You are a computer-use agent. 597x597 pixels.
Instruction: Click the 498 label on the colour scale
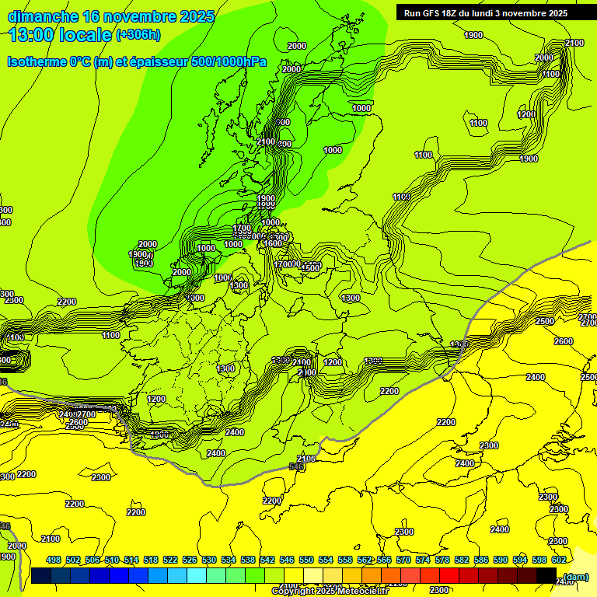[x=54, y=560]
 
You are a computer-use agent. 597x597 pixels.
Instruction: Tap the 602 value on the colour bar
[x=558, y=560]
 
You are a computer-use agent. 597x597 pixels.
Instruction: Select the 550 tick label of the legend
[x=306, y=560]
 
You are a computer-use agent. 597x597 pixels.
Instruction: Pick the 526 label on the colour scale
[x=190, y=560]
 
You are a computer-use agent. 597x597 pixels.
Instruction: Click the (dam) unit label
[x=575, y=576]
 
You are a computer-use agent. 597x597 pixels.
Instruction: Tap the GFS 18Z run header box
[x=486, y=13]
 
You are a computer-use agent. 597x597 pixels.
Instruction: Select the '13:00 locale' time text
[x=61, y=34]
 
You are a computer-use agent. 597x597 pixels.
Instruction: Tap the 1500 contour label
[x=310, y=268]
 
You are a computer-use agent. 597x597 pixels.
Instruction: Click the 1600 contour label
[x=273, y=244]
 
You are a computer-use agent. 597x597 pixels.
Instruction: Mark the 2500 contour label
[x=545, y=321]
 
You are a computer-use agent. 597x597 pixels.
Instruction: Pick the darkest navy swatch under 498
[x=42, y=575]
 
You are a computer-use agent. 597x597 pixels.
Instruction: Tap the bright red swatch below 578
[x=449, y=575]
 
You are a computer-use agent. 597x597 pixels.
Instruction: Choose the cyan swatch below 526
[x=197, y=575]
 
